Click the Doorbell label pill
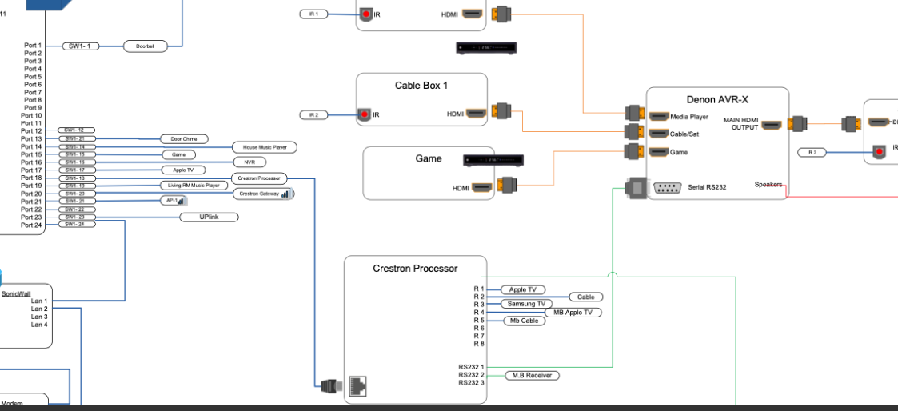pyautogui.click(x=146, y=46)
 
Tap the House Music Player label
pyautogui.click(x=265, y=147)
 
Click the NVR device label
pyautogui.click(x=249, y=162)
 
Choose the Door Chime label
pyautogui.click(x=184, y=138)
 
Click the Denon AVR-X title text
pyautogui.click(x=717, y=99)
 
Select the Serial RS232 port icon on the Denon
pyautogui.click(x=666, y=188)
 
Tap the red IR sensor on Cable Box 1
pyautogui.click(x=365, y=114)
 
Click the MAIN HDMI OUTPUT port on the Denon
pyautogui.click(x=772, y=125)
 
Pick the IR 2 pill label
pyautogui.click(x=314, y=115)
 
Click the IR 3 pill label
pyautogui.click(x=812, y=152)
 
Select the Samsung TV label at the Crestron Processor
pyautogui.click(x=525, y=304)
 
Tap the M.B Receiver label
pyautogui.click(x=532, y=375)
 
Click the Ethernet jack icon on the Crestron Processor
pyautogui.click(x=359, y=387)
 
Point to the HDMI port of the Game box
pyautogui.click(x=481, y=188)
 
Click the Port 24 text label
pyautogui.click(x=32, y=225)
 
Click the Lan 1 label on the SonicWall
pyautogui.click(x=39, y=301)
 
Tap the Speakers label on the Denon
pyautogui.click(x=768, y=185)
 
